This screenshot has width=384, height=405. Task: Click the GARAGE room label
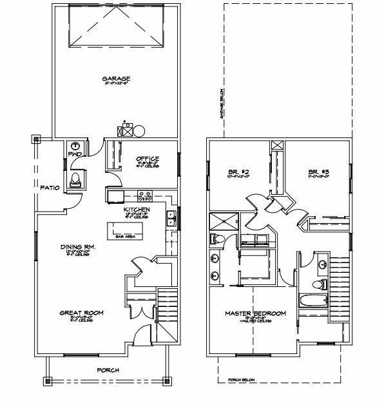pyautogui.click(x=116, y=79)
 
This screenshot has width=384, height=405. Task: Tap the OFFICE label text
pyautogui.click(x=148, y=159)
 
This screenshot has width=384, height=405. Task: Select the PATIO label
pyautogui.click(x=50, y=188)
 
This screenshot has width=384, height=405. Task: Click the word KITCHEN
pyautogui.click(x=137, y=210)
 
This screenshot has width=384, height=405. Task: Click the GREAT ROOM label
pyautogui.click(x=82, y=313)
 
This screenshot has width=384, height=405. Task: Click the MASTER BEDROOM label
pyautogui.click(x=255, y=313)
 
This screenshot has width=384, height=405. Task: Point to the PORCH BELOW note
pyautogui.click(x=242, y=380)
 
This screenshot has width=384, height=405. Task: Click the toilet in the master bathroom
pyautogui.click(x=216, y=240)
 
